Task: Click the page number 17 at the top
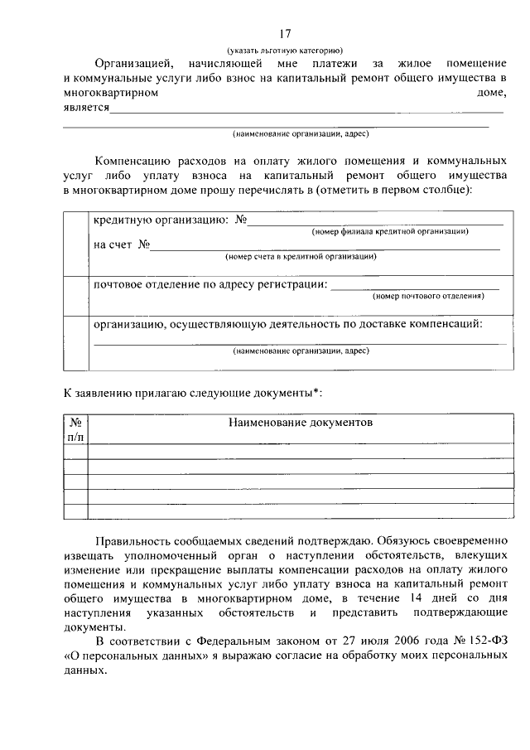point(285,34)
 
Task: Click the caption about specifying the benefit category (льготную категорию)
point(285,51)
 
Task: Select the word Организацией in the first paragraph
point(132,64)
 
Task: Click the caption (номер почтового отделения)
point(428,296)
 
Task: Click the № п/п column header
point(75,429)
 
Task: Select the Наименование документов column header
point(301,423)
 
